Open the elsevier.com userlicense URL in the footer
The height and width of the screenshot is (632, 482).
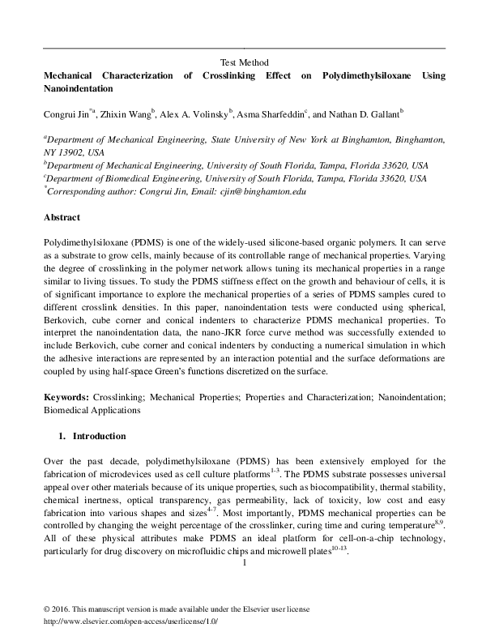pyautogui.click(x=130, y=620)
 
